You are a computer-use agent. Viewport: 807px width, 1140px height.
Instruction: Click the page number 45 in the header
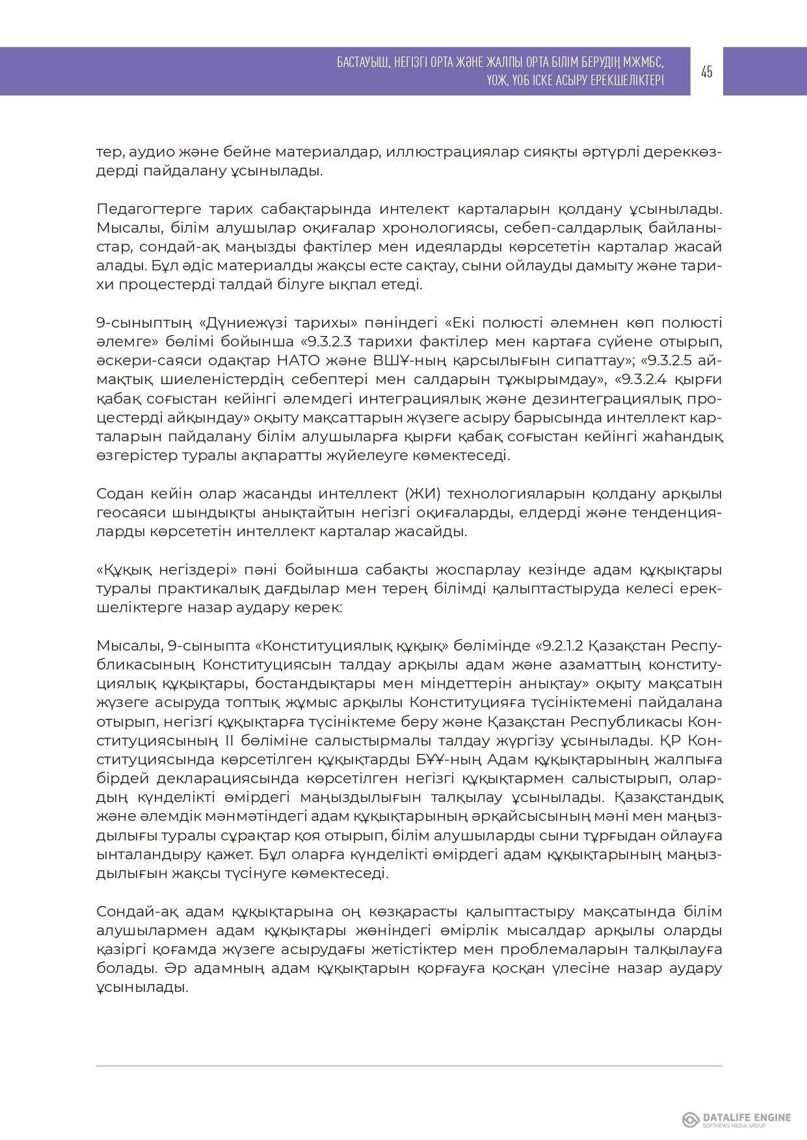[x=707, y=71]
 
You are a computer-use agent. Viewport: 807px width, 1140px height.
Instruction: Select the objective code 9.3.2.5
[x=676, y=361]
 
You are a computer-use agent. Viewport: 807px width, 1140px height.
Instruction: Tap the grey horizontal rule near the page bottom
[x=409, y=1067]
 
